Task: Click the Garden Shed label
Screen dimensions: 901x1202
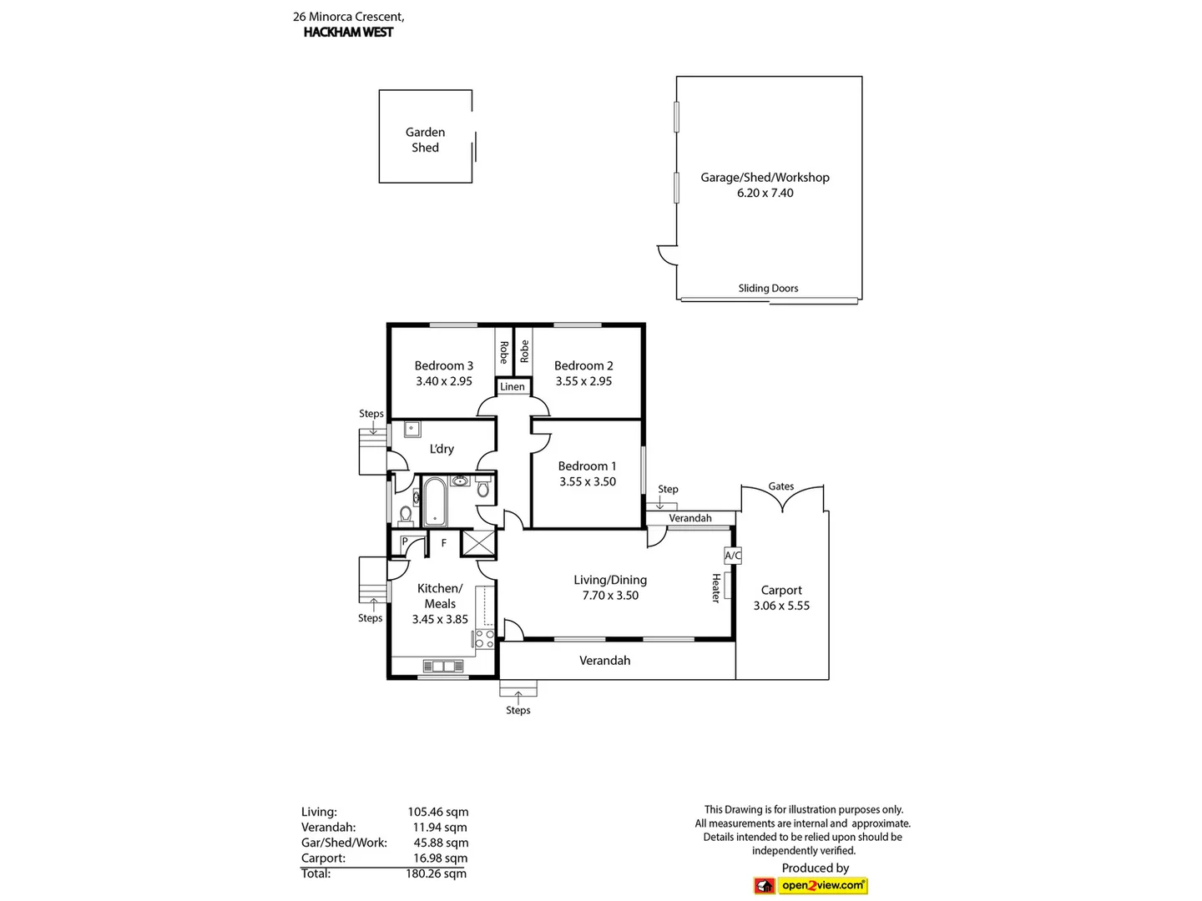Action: [425, 139]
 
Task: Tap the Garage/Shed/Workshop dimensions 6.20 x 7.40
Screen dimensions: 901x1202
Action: [765, 193]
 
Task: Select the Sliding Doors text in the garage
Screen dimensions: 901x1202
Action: [768, 288]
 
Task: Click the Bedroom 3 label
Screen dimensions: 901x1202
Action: [443, 365]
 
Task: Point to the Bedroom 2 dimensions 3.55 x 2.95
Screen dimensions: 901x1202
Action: [583, 381]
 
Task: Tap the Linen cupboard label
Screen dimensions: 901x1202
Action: [513, 386]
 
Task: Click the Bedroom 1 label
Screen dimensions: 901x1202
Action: [587, 466]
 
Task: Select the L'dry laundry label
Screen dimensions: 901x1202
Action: [442, 449]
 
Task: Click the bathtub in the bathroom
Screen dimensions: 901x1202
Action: [434, 501]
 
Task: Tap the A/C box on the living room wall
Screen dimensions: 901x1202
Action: [732, 555]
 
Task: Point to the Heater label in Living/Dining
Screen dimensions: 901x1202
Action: [715, 587]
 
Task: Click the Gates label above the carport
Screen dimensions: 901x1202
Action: [781, 486]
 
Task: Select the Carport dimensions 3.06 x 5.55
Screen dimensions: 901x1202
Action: [781, 606]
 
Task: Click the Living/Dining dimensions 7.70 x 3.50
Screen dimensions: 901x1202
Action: [610, 596]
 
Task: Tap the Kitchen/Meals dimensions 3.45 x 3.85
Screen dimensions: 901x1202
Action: [440, 619]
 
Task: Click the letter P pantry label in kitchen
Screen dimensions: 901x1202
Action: [405, 542]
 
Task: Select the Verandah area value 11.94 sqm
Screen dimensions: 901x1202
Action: [440, 827]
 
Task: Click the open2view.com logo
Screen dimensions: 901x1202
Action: [822, 885]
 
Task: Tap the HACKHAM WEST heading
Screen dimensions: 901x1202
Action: [348, 33]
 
